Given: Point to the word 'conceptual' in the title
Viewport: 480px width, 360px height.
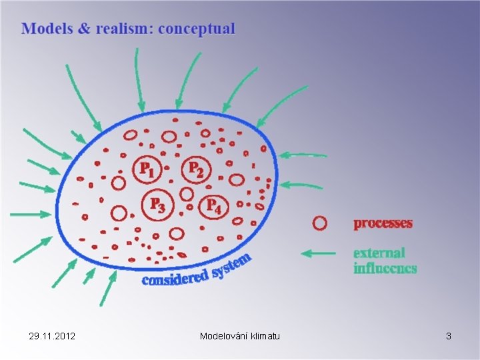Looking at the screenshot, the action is pos(197,29).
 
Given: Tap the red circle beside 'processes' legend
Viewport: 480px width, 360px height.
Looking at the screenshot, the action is pos(320,223).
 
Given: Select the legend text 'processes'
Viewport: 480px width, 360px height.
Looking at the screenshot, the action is pos(383,224).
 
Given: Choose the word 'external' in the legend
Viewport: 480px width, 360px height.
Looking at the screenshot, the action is pos(379,253).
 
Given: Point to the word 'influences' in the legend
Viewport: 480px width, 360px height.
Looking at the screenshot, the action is pos(385,268).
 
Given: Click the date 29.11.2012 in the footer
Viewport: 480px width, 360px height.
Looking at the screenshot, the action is pos(52,336).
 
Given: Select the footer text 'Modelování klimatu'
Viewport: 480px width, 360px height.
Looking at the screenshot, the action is pos(240,336).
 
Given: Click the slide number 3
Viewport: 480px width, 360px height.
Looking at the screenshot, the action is pos(449,336).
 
